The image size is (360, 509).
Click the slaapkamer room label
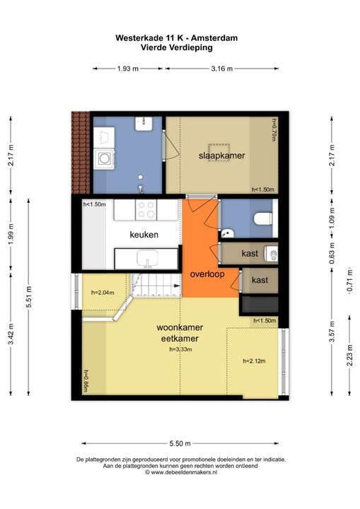pyautogui.click(x=221, y=156)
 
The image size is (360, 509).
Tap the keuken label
pyautogui.click(x=144, y=235)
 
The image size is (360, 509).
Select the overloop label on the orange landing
pyautogui.click(x=207, y=274)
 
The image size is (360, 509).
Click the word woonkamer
pyautogui.click(x=180, y=327)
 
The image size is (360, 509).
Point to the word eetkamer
pyautogui.click(x=180, y=339)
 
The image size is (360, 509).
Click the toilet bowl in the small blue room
pyautogui.click(x=263, y=218)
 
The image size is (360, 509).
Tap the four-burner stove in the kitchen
pyautogui.click(x=146, y=210)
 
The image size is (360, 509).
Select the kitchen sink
pyautogui.click(x=147, y=259)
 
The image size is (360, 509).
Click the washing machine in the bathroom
pyautogui.click(x=104, y=159)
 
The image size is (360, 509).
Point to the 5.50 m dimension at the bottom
pyautogui.click(x=180, y=443)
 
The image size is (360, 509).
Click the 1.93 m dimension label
pyautogui.click(x=128, y=69)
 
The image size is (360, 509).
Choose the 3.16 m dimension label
pyautogui.click(x=222, y=69)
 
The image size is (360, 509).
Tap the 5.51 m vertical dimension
pyautogui.click(x=28, y=298)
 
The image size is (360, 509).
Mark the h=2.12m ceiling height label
pyautogui.click(x=254, y=361)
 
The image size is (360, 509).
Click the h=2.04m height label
pyautogui.click(x=103, y=293)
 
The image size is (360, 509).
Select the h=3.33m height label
pyautogui.click(x=180, y=350)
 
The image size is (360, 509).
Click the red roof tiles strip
pyautogui.click(x=81, y=153)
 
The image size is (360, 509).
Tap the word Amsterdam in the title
pyautogui.click(x=214, y=38)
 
